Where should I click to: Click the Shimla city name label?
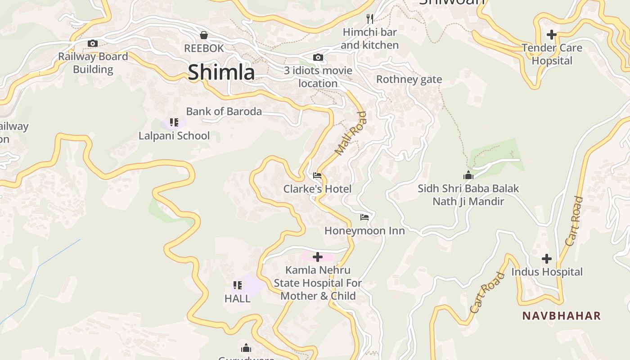[221, 72]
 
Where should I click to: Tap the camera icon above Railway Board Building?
[93, 43]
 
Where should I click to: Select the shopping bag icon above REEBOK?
[204, 35]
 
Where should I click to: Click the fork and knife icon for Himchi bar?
[370, 19]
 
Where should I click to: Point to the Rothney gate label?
[409, 80]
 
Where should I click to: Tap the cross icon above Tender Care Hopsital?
[551, 35]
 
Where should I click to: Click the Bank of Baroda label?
[224, 112]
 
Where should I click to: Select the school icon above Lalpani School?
[174, 122]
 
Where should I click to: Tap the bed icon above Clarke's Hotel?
[317, 175]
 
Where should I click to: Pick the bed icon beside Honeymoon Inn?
[364, 217]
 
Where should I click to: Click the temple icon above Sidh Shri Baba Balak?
[468, 175]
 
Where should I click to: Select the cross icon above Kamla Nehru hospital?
[318, 257]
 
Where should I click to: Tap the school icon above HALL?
[238, 285]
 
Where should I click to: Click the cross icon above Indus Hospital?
[547, 259]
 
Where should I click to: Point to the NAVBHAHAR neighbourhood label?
[561, 316]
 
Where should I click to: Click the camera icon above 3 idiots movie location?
[318, 58]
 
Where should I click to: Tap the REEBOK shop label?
[204, 48]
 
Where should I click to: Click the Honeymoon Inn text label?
[364, 231]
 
